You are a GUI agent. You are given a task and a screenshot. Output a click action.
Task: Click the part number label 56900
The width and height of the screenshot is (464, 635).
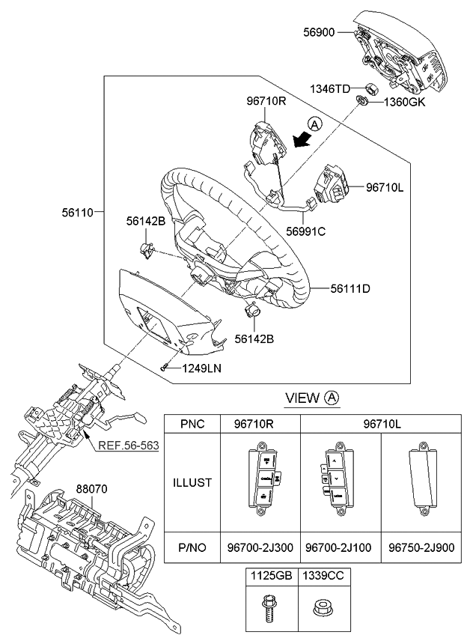319,32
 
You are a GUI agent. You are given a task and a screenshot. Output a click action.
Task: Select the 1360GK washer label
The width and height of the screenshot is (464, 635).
404,102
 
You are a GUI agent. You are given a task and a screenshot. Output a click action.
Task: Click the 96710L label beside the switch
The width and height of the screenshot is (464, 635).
385,187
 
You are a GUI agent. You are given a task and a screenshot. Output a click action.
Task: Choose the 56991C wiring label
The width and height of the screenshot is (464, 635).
305,231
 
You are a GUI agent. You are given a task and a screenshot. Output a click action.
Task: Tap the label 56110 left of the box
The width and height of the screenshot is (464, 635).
78,212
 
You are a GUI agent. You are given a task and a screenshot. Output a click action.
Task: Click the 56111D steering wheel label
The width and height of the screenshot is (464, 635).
350,289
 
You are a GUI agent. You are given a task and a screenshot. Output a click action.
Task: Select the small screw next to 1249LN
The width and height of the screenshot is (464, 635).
164,368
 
